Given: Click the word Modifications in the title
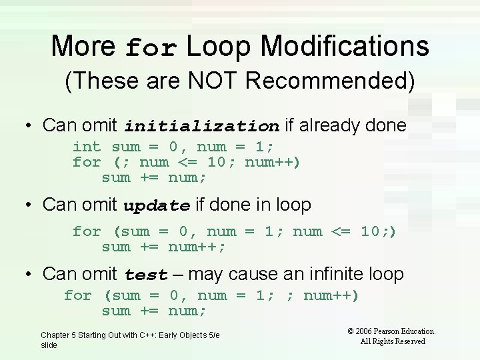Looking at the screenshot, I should tap(345, 47).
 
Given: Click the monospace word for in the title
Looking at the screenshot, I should tap(152, 48).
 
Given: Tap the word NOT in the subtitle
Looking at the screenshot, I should tap(220, 81).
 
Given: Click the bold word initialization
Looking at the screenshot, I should tap(201, 126).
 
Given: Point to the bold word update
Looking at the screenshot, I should tap(157, 206).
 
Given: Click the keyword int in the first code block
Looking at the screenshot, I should tap(87, 147).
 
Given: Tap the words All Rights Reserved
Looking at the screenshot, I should tap(393, 341).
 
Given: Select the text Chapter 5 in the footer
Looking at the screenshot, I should tap(57, 335).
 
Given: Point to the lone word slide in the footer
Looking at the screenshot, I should tap(49, 345).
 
